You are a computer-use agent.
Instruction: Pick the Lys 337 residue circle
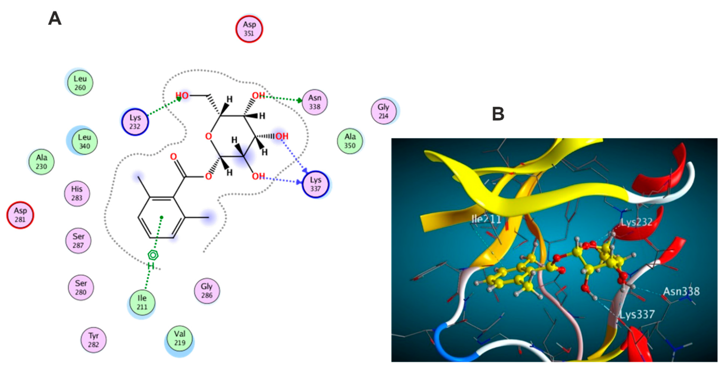tap(316, 184)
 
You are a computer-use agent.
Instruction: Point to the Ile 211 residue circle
tap(142, 302)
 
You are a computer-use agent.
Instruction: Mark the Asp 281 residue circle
tap(20, 215)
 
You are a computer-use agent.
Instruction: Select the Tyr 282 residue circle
tap(93, 340)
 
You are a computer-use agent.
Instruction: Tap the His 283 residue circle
tap(77, 193)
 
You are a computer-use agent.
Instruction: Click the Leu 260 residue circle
tap(80, 83)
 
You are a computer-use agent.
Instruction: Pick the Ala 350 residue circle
tap(350, 141)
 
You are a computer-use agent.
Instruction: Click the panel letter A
tap(55, 19)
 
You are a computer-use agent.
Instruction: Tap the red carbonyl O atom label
tap(173, 156)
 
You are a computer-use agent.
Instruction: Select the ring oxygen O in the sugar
tap(208, 137)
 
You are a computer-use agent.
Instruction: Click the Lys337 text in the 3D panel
tap(637, 314)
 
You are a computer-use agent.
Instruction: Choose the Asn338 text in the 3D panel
tap(681, 291)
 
